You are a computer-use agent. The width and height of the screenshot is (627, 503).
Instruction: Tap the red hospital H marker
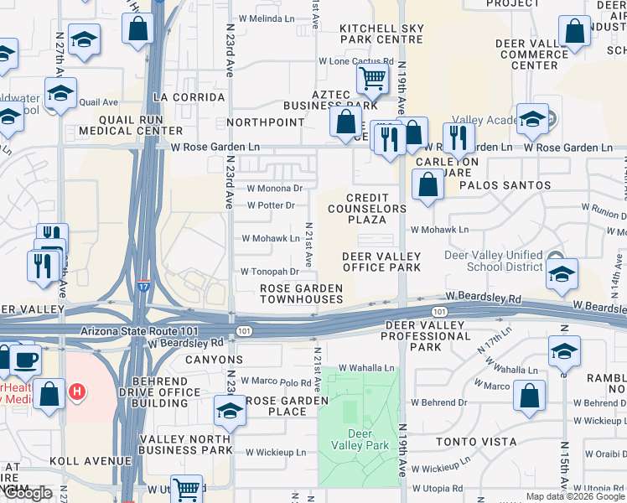tap(77, 391)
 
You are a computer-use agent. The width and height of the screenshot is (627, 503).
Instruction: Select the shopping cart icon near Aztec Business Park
tap(371, 80)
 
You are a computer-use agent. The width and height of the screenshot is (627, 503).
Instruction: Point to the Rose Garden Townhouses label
tap(301, 293)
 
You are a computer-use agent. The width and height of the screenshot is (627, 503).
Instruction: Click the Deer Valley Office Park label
tap(381, 262)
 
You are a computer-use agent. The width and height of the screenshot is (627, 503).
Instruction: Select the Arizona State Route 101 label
tap(134, 331)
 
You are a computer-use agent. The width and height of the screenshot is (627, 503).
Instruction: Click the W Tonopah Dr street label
tap(270, 272)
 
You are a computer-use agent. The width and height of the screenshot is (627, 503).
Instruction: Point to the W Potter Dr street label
tap(272, 205)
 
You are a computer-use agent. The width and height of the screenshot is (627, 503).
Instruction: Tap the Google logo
tap(28, 493)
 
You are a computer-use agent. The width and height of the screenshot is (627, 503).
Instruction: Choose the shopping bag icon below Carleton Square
tap(427, 184)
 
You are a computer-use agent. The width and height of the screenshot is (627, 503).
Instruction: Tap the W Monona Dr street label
tap(274, 189)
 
